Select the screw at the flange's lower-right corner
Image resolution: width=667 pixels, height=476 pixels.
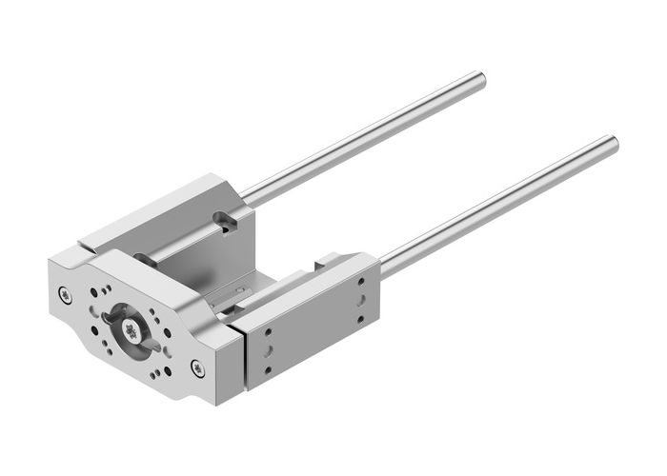[197, 366]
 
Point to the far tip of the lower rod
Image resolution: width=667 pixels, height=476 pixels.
[612, 145]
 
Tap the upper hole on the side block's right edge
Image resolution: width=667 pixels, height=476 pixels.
[361, 282]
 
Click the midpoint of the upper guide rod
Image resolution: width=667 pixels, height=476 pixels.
[362, 138]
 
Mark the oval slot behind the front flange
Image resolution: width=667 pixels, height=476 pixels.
[140, 258]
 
